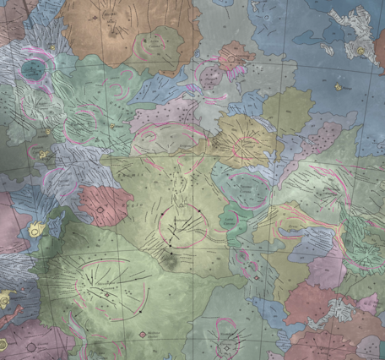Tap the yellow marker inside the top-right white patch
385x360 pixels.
tap(361, 52)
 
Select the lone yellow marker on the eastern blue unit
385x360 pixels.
tap(339, 86)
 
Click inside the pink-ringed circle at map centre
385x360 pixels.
tap(180, 222)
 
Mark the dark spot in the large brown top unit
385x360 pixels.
tap(112, 31)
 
